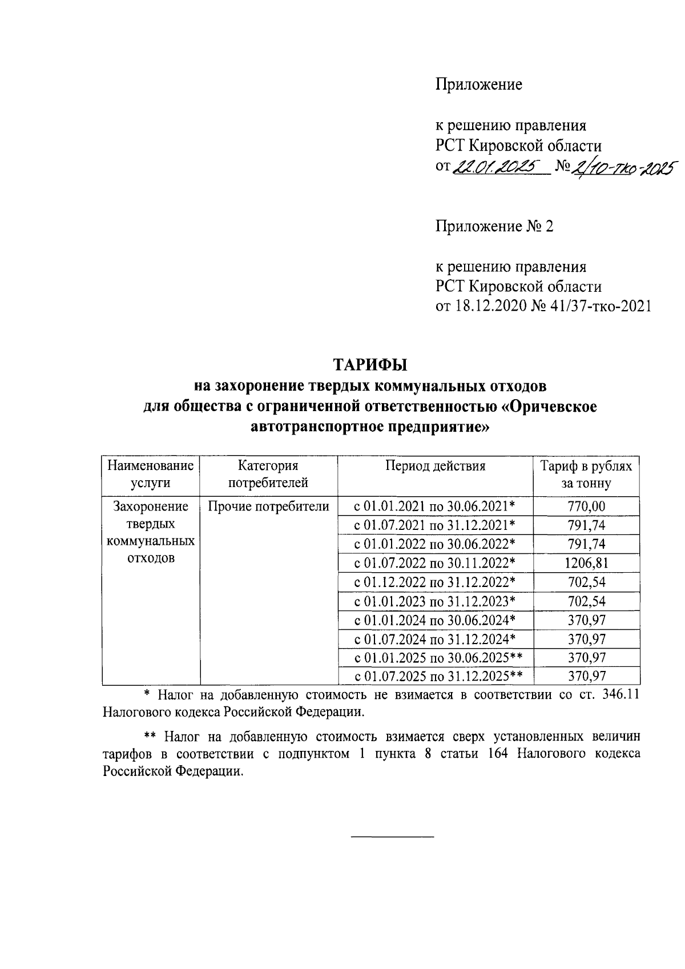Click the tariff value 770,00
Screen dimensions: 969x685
tap(586, 506)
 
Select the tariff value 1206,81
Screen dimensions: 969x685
tap(586, 563)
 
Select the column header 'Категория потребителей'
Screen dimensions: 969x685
tap(268, 475)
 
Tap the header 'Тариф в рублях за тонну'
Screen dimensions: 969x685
tap(586, 475)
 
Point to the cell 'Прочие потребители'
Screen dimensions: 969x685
tap(268, 506)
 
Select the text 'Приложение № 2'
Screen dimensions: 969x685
tap(494, 227)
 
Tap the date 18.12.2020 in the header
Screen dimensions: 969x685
tap(490, 307)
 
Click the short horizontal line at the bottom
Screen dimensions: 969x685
tap(392, 837)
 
